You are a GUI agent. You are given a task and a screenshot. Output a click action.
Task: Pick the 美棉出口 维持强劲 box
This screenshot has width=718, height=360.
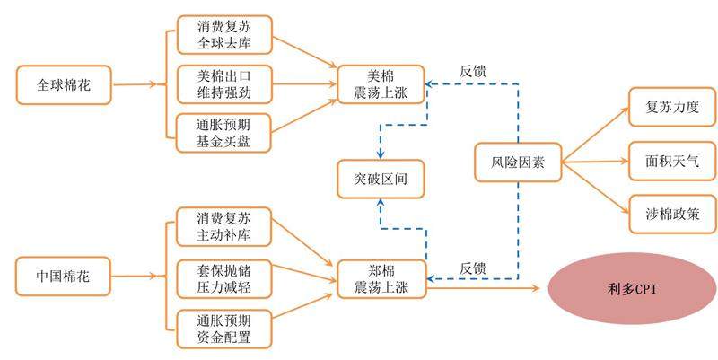[225, 82]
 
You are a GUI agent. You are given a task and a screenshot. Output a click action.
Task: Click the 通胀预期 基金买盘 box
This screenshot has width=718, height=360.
[225, 128]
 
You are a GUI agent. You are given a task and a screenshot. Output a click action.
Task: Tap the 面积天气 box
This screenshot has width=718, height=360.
[671, 162]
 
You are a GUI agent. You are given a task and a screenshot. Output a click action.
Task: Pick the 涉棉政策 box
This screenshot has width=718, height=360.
[671, 215]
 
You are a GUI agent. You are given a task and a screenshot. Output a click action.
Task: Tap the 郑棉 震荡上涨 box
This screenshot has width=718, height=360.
[381, 277]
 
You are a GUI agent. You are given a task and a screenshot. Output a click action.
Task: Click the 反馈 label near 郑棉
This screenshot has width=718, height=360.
[474, 268]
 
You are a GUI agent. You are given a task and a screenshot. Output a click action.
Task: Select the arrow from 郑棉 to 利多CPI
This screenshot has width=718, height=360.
[485, 288]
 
